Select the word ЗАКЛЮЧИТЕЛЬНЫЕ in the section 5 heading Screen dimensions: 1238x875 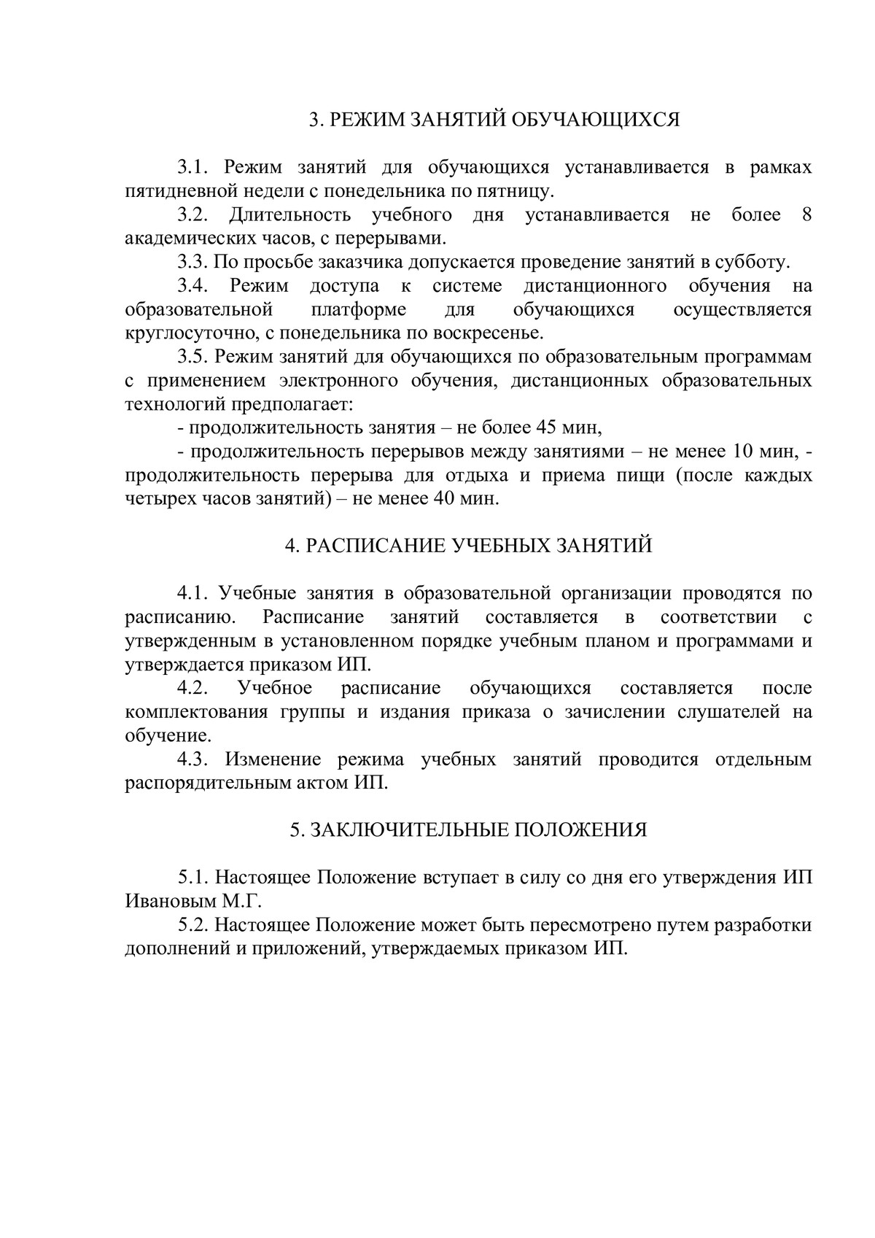point(403,830)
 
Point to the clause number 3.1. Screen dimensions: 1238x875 point(194,168)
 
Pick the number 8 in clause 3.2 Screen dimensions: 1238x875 point(806,215)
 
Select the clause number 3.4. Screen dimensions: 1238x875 point(194,286)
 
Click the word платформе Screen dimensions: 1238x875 point(359,309)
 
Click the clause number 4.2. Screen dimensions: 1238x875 point(194,689)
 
